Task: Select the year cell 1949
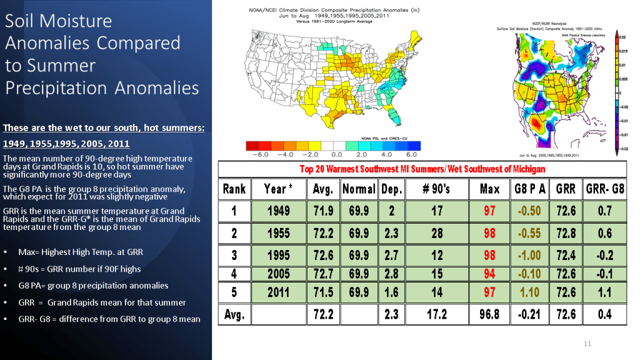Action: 279,211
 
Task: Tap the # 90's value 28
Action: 437,233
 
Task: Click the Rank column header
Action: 234,188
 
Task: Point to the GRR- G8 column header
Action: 604,188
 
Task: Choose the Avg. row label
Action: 234,314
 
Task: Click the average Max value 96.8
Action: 489,314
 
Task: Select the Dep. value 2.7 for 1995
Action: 391,256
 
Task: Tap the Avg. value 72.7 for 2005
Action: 323,274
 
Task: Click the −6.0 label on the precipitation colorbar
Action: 257,153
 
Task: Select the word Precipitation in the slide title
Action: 55,86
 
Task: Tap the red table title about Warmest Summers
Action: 422,169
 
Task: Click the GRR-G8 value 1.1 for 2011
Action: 604,292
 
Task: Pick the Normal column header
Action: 359,188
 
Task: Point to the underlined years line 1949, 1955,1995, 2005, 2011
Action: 66,144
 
